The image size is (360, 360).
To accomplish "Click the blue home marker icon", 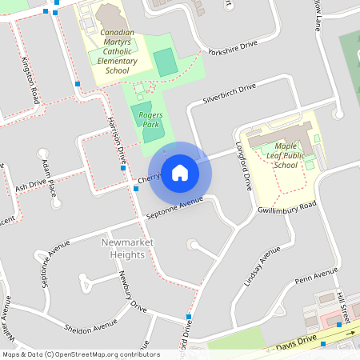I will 180,173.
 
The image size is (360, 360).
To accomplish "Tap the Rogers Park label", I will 150,120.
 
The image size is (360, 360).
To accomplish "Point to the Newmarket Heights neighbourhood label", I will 124,249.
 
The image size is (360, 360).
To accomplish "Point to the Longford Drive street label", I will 244,166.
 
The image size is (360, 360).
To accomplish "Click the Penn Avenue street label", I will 316,277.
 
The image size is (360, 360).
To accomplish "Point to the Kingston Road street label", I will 30,79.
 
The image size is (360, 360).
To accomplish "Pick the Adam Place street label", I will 50,177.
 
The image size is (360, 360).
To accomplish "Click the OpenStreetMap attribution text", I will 81,354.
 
